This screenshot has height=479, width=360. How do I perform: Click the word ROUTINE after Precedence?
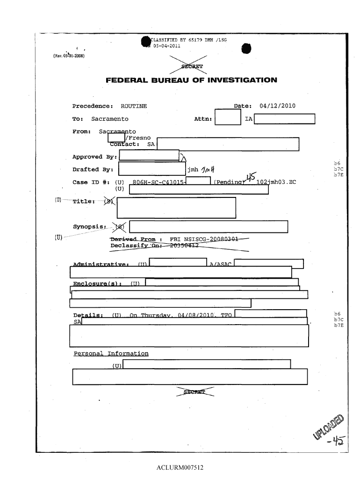[134, 106]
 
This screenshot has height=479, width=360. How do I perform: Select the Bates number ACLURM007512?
[180, 467]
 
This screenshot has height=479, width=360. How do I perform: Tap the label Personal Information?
[111, 354]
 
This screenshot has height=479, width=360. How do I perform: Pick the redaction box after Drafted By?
[152, 169]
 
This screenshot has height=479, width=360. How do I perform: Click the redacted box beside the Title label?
[176, 208]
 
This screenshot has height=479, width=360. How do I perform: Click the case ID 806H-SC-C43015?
[159, 182]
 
